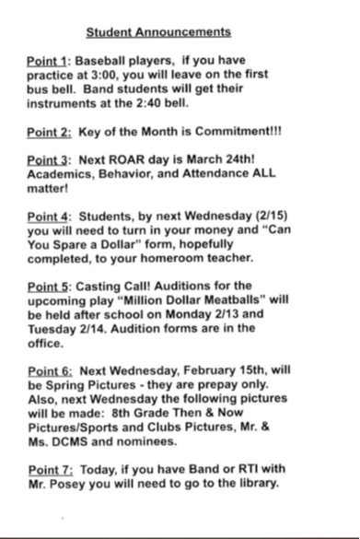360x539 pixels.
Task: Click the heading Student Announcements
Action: (157, 32)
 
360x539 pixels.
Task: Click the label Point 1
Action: (48, 61)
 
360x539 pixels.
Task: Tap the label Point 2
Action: (48, 132)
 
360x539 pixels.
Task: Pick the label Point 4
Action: (48, 217)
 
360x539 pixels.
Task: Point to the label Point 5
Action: (48, 287)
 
